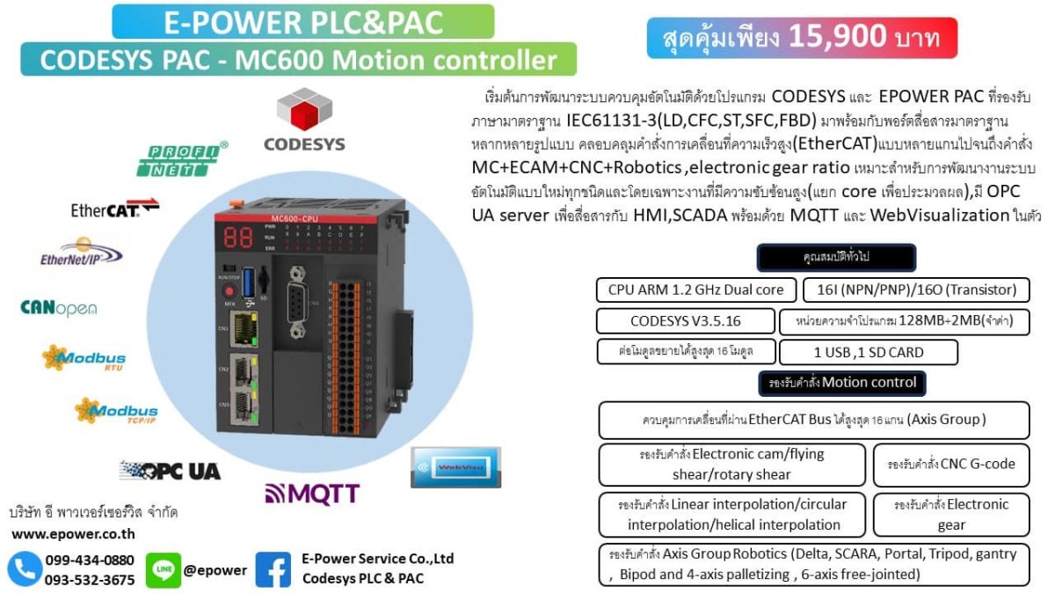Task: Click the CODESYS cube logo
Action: (x=304, y=111)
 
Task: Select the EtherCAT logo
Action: (x=114, y=209)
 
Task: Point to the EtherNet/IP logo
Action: (x=81, y=252)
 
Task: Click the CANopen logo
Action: (x=59, y=308)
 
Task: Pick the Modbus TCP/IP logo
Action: (x=116, y=411)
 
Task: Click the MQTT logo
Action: (x=312, y=494)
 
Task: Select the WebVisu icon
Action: (x=455, y=466)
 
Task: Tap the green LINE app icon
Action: (x=163, y=570)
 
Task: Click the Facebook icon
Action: (x=273, y=570)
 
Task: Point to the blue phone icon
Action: (x=25, y=569)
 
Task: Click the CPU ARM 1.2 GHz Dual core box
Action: (x=695, y=290)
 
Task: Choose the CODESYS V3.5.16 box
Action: (x=685, y=321)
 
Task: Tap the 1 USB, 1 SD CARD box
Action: (x=868, y=352)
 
